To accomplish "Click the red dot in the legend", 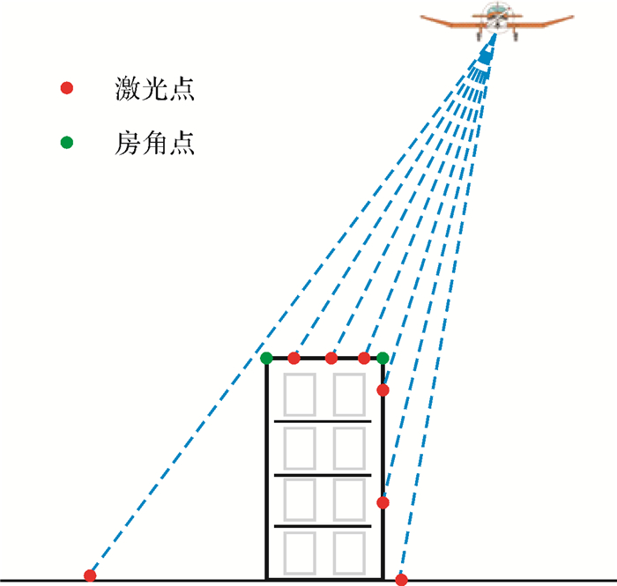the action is (67, 88).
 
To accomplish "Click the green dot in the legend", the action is (67, 143).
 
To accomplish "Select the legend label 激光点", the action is (154, 88).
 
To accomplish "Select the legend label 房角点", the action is (154, 143).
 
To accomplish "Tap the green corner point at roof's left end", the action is (266, 358).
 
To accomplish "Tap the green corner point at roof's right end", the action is (383, 358).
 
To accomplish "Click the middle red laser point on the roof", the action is (331, 358).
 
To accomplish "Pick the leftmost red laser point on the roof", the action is (294, 358).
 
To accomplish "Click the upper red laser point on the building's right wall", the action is (383, 390).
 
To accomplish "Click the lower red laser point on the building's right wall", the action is (383, 502).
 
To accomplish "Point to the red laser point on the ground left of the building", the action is (90, 575).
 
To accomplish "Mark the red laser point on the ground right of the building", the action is (401, 579).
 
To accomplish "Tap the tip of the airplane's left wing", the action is (421, 17).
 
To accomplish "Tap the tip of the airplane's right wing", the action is (573, 17).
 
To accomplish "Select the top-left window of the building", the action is (300, 395).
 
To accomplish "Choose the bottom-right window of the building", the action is (349, 553).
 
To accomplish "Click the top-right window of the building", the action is (349, 395).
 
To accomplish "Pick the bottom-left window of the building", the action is (300, 553).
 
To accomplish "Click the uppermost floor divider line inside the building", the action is (323, 421).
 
